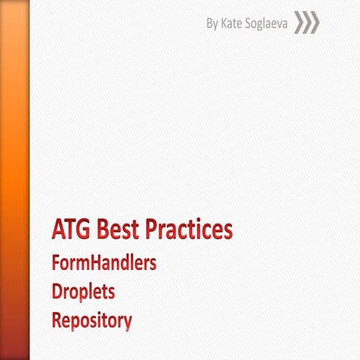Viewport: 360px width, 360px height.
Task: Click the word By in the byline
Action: point(213,24)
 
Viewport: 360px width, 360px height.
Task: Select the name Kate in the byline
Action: point(233,24)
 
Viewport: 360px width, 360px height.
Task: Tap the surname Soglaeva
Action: point(268,24)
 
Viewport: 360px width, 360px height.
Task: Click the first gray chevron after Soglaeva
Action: point(299,23)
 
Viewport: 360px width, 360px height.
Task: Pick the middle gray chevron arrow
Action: point(307,23)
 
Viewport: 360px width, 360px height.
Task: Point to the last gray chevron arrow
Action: point(314,23)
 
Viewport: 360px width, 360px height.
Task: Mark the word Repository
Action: point(91,321)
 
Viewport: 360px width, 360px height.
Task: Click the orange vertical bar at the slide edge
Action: point(14,180)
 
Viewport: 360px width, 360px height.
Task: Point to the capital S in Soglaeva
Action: point(251,24)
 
